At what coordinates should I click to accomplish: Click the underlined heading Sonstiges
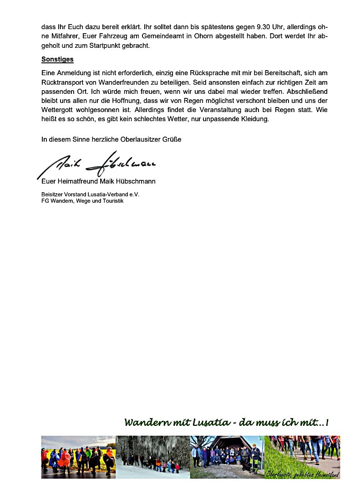(57, 59)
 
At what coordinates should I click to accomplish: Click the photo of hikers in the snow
(152, 456)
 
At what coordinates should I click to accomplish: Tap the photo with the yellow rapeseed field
(78, 456)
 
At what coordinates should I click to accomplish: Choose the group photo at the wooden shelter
(227, 456)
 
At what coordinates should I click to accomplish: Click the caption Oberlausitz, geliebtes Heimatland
(303, 474)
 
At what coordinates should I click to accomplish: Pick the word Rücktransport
(63, 82)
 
